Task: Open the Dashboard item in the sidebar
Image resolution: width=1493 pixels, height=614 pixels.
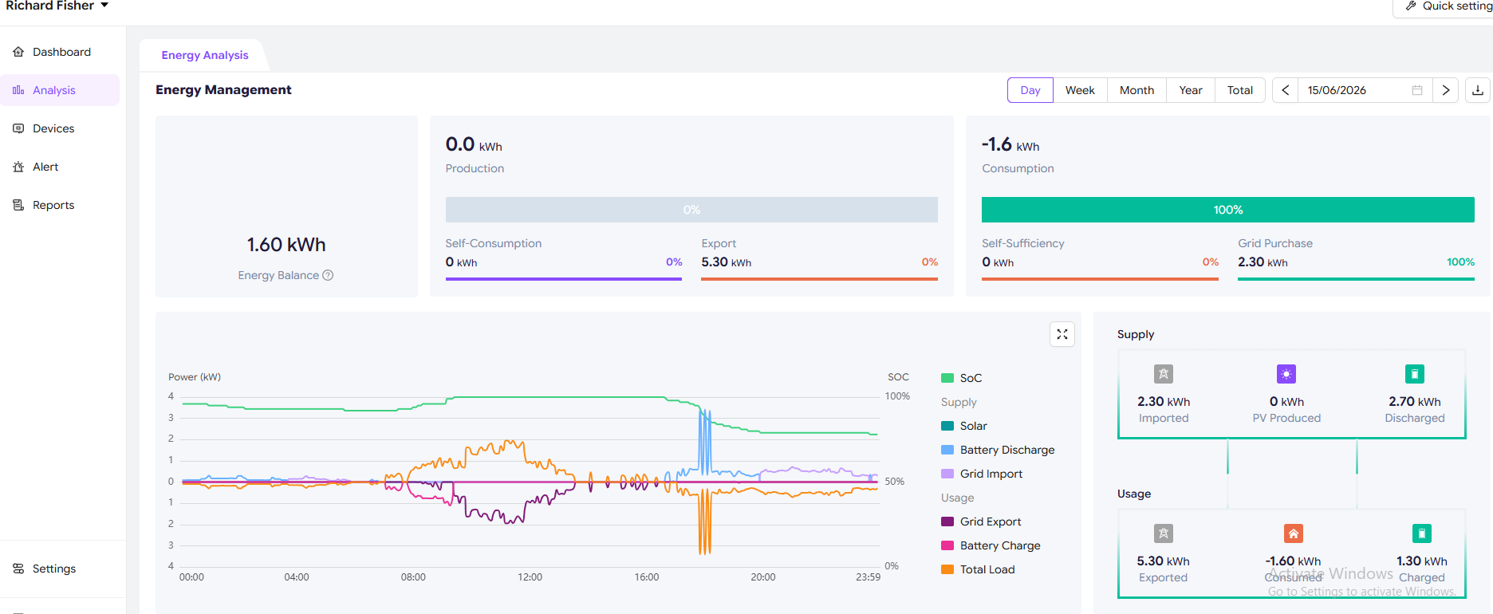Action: pos(52,52)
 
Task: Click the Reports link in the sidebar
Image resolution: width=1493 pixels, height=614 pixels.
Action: pos(44,205)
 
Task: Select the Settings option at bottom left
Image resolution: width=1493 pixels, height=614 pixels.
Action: pos(45,569)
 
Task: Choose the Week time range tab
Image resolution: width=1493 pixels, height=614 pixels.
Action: pos(1080,90)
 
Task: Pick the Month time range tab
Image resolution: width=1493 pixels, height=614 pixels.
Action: pos(1136,90)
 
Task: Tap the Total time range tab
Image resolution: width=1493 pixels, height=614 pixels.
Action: pos(1239,90)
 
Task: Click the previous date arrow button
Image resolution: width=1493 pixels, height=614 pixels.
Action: pos(1285,90)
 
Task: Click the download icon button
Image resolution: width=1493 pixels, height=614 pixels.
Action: pos(1478,90)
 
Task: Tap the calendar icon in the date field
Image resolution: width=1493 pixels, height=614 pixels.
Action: pos(1417,90)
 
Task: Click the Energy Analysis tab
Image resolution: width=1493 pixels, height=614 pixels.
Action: pos(205,55)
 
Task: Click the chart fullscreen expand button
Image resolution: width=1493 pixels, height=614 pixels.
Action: pos(1062,334)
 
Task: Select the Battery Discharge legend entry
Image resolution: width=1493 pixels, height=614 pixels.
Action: pos(998,450)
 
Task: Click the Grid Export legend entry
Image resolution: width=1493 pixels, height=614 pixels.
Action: pos(981,522)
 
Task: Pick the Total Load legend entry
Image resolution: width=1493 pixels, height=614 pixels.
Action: pos(978,569)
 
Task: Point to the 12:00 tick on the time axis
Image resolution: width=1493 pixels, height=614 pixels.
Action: pos(530,577)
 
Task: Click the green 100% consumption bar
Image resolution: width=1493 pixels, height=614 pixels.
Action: pos(1228,210)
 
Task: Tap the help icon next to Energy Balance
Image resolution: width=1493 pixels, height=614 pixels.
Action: pos(328,275)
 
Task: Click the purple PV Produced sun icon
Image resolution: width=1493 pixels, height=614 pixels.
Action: pos(1286,374)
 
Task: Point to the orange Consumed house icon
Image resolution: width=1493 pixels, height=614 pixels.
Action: pos(1294,533)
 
